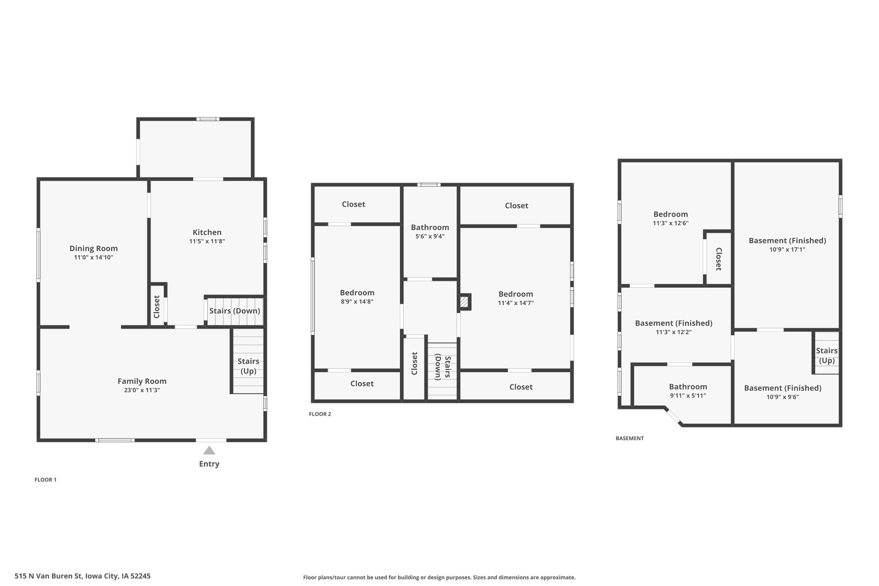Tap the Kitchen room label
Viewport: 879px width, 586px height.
(207, 232)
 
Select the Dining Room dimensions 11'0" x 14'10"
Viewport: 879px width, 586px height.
(93, 257)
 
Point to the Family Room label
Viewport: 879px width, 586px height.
(142, 381)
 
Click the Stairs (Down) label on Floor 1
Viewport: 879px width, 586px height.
(235, 311)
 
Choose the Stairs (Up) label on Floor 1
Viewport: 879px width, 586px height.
(249, 366)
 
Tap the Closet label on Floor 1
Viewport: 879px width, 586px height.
(157, 307)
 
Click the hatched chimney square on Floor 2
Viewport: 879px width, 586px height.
(464, 302)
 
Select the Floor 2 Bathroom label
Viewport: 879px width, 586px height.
(430, 227)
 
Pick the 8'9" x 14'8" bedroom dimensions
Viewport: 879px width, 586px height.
(357, 302)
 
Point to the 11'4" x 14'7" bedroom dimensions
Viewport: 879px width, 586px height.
(516, 303)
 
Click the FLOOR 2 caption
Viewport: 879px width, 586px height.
(320, 414)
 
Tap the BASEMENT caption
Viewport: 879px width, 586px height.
(630, 438)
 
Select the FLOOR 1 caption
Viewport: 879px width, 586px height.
(46, 480)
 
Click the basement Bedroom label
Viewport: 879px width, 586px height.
(671, 214)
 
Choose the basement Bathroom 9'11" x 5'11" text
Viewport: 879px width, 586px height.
(688, 395)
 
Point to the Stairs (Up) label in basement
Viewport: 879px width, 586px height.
(827, 355)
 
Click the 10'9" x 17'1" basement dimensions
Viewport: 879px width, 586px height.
(787, 249)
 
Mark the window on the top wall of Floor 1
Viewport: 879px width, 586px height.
(208, 119)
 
